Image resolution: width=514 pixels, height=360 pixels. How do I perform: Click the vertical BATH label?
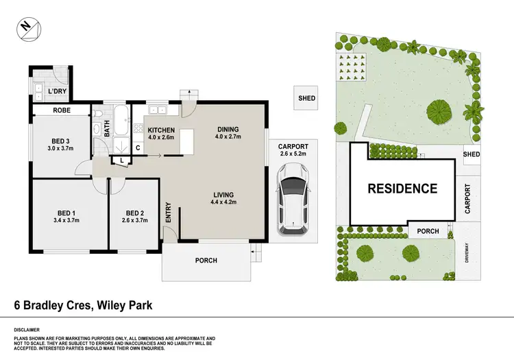pyautogui.click(x=108, y=128)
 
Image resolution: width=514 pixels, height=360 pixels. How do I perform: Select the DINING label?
pyautogui.click(x=229, y=129)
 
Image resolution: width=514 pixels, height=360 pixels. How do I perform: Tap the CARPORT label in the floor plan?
pyautogui.click(x=293, y=147)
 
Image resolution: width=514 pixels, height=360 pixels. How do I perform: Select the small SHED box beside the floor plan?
pyautogui.click(x=306, y=99)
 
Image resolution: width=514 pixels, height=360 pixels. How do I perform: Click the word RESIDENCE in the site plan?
pyautogui.click(x=402, y=188)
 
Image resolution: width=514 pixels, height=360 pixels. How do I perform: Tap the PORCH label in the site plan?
pyautogui.click(x=428, y=232)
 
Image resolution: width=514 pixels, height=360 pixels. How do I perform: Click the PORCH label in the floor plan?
pyautogui.click(x=206, y=261)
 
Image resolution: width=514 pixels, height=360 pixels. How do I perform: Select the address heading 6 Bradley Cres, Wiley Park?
pyautogui.click(x=84, y=305)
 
